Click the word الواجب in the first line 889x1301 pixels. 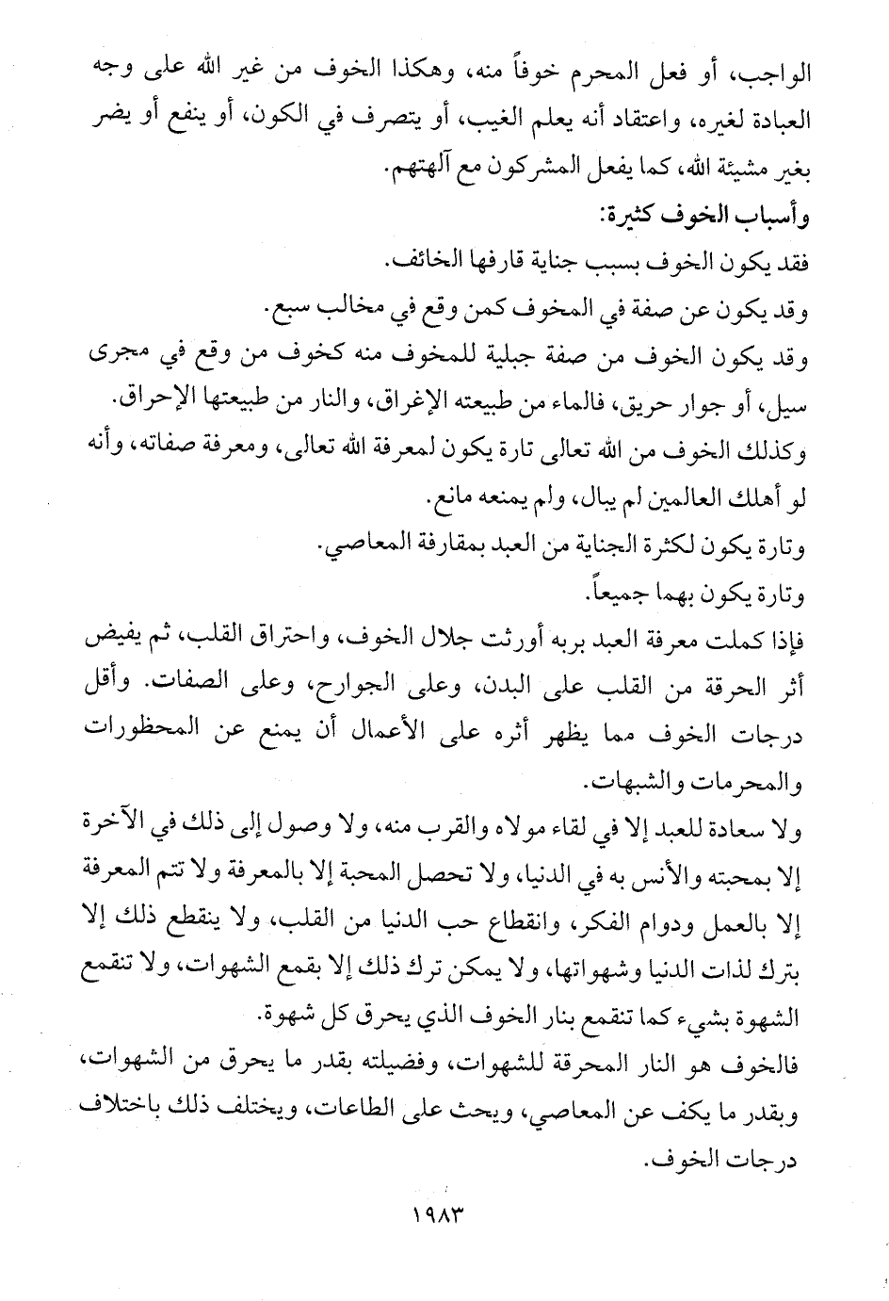pyautogui.click(x=784, y=69)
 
